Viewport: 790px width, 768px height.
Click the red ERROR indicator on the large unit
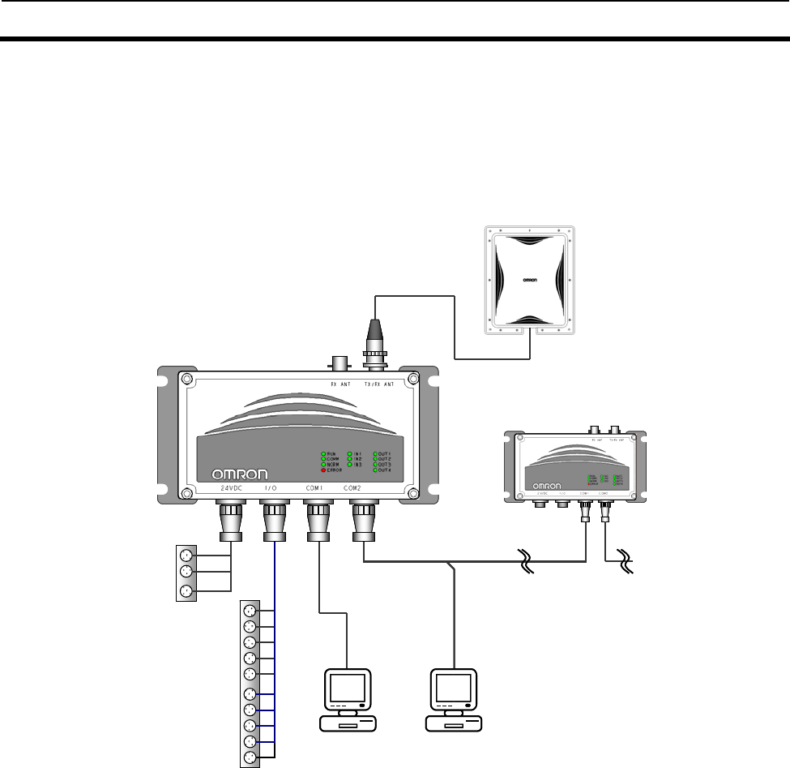[x=324, y=470]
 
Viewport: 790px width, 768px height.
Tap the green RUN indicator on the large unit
[x=324, y=453]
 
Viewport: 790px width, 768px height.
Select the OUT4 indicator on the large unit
[x=375, y=470]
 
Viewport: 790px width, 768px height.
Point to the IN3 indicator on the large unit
[x=349, y=465]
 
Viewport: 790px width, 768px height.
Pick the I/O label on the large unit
[x=273, y=488]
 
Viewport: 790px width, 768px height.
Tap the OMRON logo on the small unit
[x=547, y=487]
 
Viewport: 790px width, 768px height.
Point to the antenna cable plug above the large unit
[x=374, y=333]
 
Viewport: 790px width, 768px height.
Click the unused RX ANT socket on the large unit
[x=335, y=360]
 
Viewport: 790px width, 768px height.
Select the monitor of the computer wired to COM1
[x=347, y=690]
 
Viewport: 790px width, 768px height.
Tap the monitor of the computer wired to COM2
[x=454, y=690]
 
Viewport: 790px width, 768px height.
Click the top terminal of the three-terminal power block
[x=187, y=556]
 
